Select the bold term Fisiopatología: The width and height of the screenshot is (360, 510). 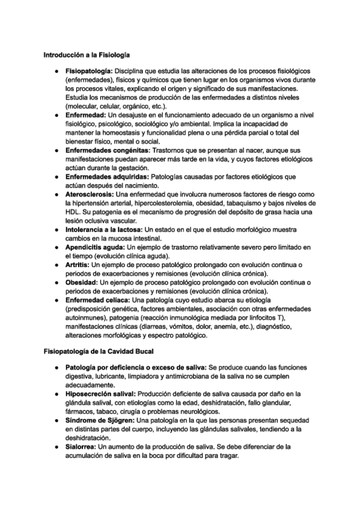93,72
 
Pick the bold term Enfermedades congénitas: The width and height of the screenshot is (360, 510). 105,150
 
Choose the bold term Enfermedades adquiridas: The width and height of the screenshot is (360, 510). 106,177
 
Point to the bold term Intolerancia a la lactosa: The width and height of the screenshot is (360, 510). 104,230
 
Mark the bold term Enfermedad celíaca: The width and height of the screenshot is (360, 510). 97,300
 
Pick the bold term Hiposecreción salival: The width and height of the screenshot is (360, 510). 100,395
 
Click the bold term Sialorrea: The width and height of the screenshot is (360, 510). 81,447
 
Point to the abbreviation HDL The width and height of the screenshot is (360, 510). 73,212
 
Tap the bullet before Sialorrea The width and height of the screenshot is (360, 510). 54,447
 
